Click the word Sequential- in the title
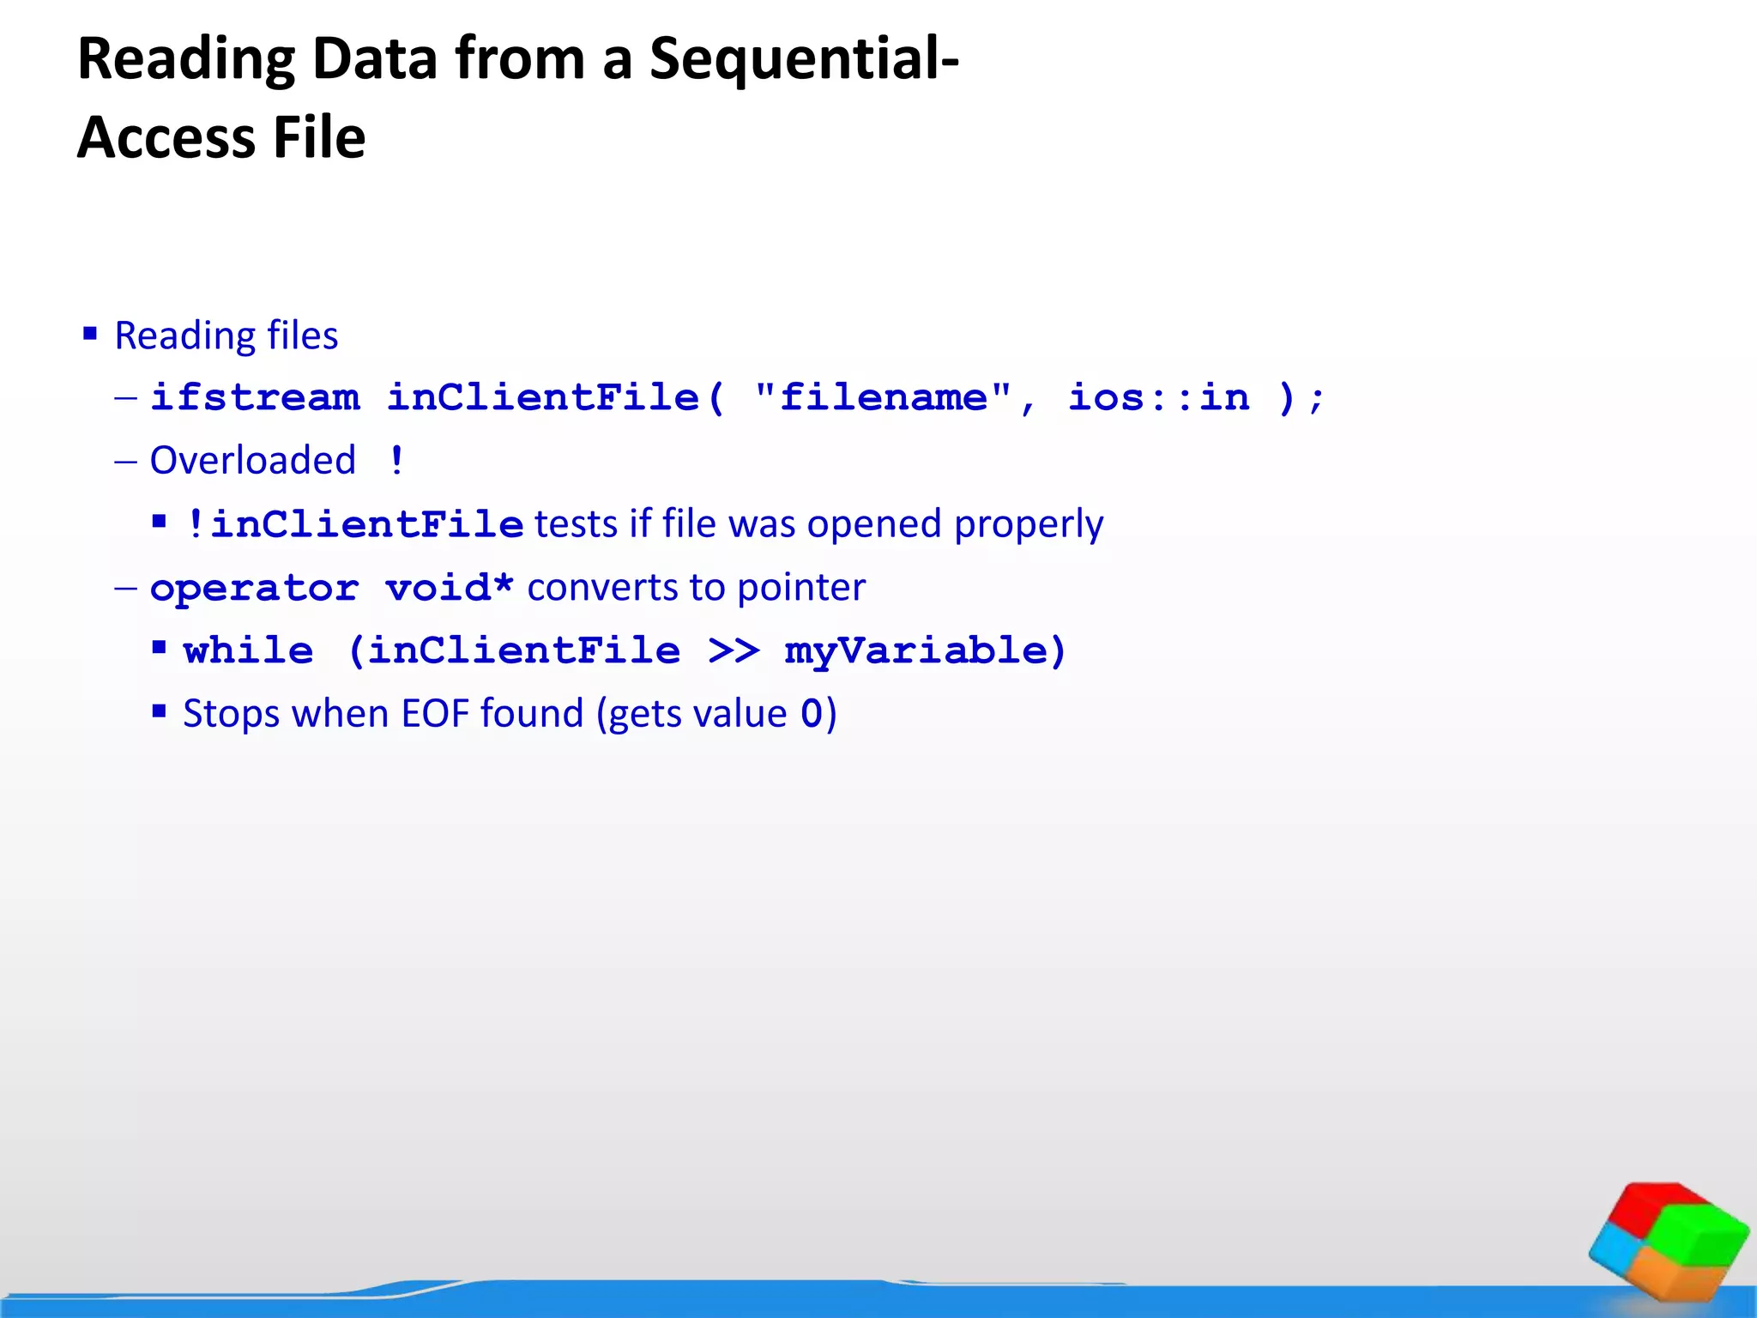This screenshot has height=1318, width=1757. tap(804, 59)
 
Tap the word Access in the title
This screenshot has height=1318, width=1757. tap(166, 138)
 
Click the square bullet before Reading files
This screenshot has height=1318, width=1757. tap(90, 333)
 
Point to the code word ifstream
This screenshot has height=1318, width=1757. tap(255, 397)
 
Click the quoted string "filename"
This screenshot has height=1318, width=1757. tap(883, 397)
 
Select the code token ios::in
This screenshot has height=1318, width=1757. tap(1158, 397)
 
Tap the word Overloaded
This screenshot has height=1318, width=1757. tap(252, 461)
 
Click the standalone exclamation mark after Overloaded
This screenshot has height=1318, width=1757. tap(395, 461)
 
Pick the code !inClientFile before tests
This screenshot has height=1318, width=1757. tap(353, 524)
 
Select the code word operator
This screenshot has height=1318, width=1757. tap(254, 588)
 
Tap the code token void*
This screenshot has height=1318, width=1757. tap(449, 588)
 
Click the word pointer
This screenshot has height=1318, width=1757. tap(800, 588)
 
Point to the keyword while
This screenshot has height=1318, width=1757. tap(248, 650)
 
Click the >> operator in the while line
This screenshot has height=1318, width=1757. tap(734, 650)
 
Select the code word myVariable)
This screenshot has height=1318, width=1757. tap(925, 650)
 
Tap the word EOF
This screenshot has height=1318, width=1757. tap(435, 714)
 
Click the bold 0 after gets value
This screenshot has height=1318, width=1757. tap(811, 714)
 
